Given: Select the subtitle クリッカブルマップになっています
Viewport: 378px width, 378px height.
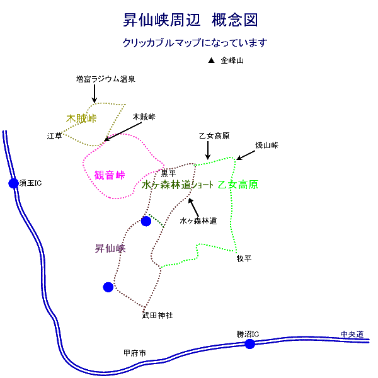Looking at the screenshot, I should [x=195, y=43].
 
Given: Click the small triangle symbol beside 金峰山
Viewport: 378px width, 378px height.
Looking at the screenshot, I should [x=212, y=60].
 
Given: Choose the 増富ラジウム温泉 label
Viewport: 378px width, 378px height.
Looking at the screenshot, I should [x=106, y=79].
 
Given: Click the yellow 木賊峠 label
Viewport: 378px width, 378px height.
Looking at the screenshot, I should [x=81, y=118].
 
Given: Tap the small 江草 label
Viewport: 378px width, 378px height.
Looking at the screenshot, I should [x=54, y=135].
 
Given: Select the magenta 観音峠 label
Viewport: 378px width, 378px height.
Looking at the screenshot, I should [x=110, y=175].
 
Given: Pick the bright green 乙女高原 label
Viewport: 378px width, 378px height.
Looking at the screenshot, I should [x=238, y=185].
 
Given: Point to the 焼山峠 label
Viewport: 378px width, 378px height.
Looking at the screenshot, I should [x=266, y=145].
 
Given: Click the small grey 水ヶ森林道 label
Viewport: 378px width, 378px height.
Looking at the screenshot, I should [x=198, y=221].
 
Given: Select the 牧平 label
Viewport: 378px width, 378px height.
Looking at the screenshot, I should [x=244, y=258].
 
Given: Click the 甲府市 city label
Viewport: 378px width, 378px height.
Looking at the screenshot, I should [x=134, y=353].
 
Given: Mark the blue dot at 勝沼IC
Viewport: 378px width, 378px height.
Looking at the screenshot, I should [x=250, y=343].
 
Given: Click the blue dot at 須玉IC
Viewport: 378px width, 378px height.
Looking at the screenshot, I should [x=14, y=183].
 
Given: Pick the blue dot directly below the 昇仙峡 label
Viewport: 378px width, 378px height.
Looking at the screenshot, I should [x=108, y=287].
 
